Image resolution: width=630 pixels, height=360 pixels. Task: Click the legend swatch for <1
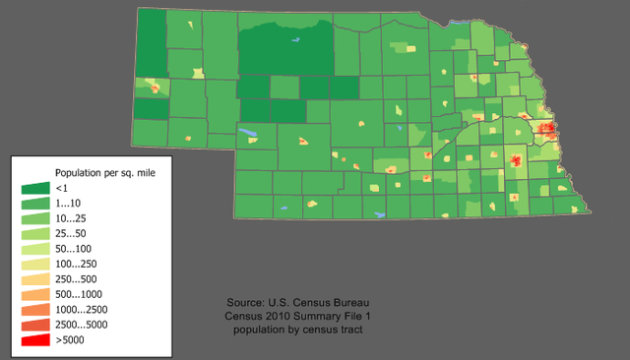pyautogui.click(x=34, y=187)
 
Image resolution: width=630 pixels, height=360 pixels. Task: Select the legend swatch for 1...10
pyautogui.click(x=34, y=202)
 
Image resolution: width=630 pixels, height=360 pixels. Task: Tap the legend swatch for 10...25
pyautogui.click(x=34, y=217)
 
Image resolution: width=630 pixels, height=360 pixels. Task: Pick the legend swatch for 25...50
pyautogui.click(x=34, y=233)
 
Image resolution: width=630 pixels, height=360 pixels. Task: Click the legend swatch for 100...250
pyautogui.click(x=34, y=264)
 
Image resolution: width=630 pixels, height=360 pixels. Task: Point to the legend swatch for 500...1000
pyautogui.click(x=34, y=294)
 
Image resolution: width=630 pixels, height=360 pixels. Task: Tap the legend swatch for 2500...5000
pyautogui.click(x=34, y=325)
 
